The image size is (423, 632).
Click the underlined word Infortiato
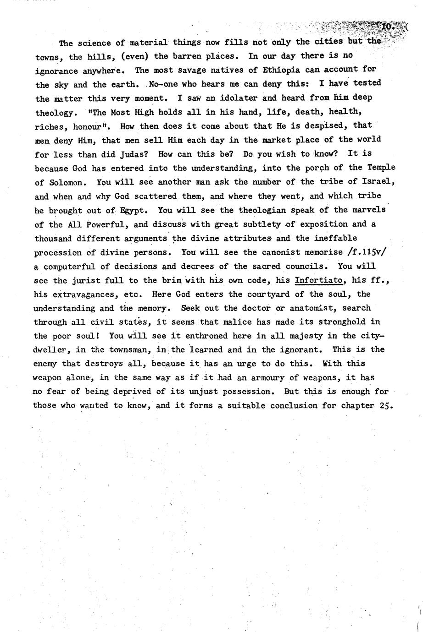[x=318, y=279]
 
